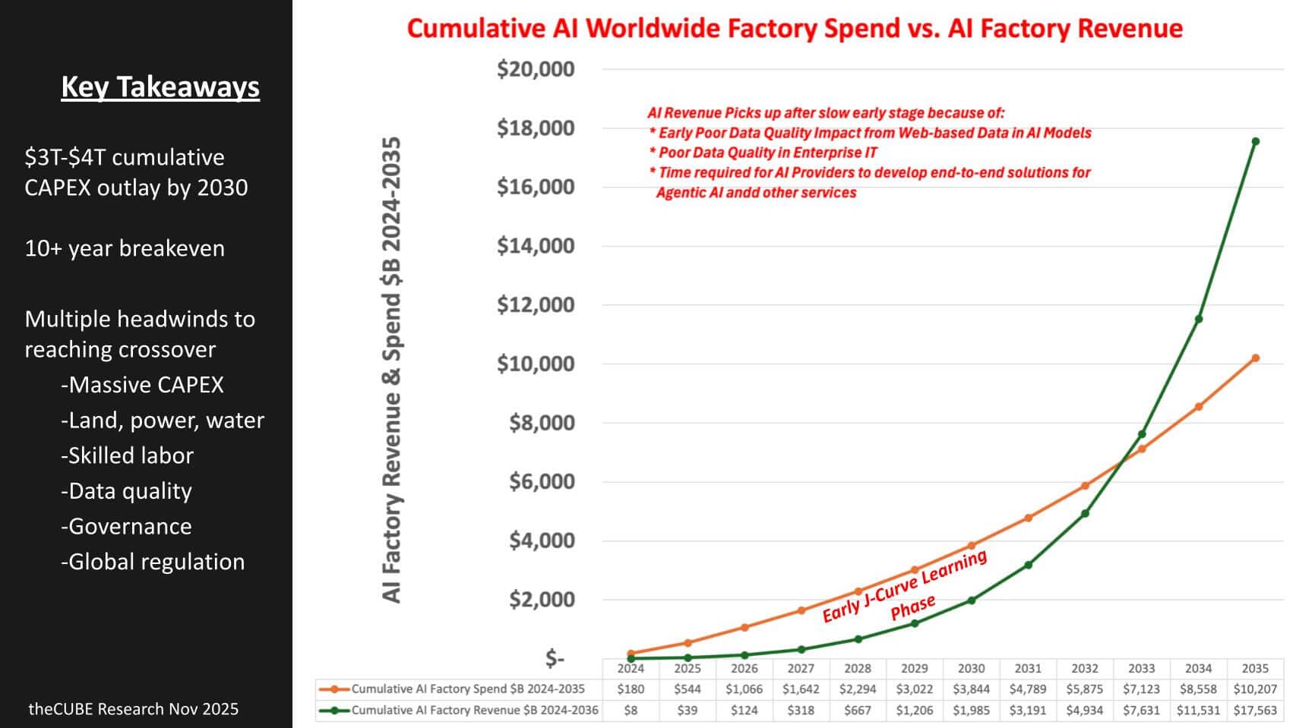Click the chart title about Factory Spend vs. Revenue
click(x=795, y=29)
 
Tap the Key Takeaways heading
click(x=160, y=87)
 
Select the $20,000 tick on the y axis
click(x=536, y=69)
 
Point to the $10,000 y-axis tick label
click(x=536, y=364)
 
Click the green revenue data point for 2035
click(x=1255, y=142)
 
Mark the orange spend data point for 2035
click(x=1255, y=358)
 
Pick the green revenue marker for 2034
click(x=1199, y=319)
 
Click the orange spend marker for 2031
click(x=1028, y=518)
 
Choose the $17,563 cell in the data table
click(x=1255, y=711)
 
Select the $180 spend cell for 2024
click(x=631, y=689)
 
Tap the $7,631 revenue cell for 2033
click(x=1142, y=711)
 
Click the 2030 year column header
click(x=971, y=669)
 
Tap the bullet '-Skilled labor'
click(x=128, y=455)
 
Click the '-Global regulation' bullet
click(x=153, y=562)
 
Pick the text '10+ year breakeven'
click(x=125, y=248)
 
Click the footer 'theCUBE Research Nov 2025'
click(x=134, y=709)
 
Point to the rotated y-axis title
click(x=391, y=370)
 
